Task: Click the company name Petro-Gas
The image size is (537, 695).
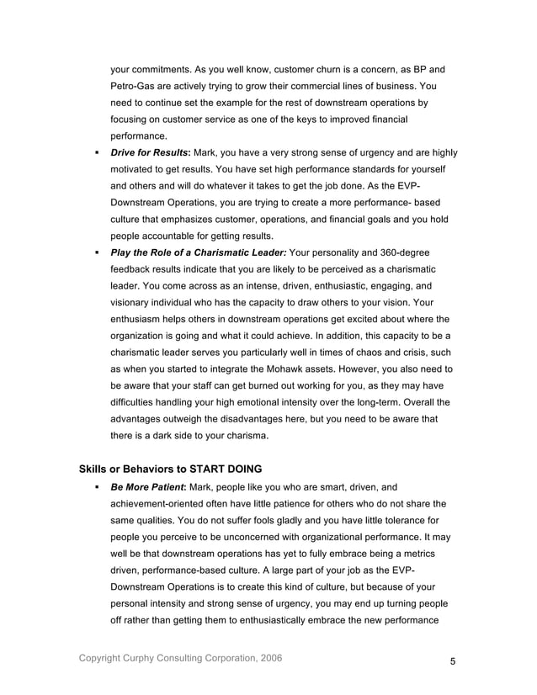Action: click(136, 85)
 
